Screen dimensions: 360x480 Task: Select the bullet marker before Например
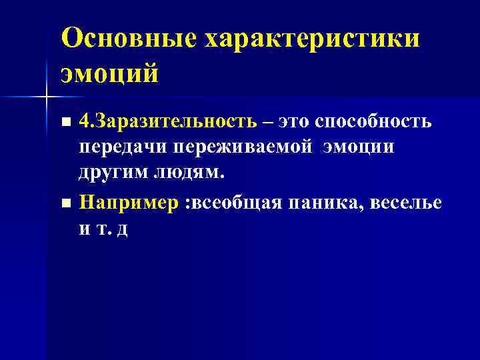(65, 203)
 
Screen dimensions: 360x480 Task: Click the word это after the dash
(291, 123)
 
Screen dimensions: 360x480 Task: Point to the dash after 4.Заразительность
(267, 123)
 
